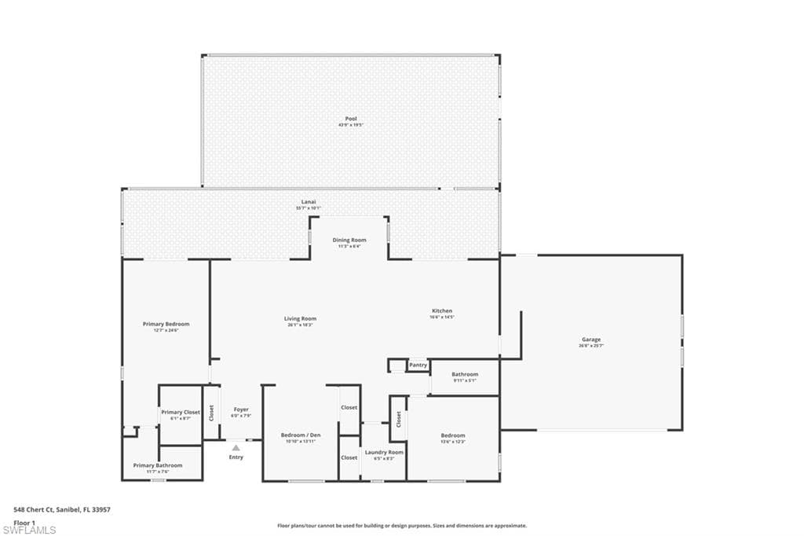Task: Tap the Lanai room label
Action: pos(309,202)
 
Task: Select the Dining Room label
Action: pos(349,240)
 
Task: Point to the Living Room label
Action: pos(300,318)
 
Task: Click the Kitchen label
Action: pos(441,310)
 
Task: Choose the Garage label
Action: pos(590,340)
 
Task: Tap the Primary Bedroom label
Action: pos(166,324)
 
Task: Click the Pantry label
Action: pos(418,365)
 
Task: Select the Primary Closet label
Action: pos(181,412)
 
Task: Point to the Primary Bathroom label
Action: pos(157,465)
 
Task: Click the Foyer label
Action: pos(241,409)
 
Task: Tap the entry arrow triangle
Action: pos(236,448)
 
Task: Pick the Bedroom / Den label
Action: pos(301,435)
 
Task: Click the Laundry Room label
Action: pos(384,452)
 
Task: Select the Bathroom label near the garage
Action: pos(465,374)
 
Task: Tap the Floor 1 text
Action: pos(25,523)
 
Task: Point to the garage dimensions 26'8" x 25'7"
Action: pos(590,346)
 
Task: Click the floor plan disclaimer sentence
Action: pos(401,526)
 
